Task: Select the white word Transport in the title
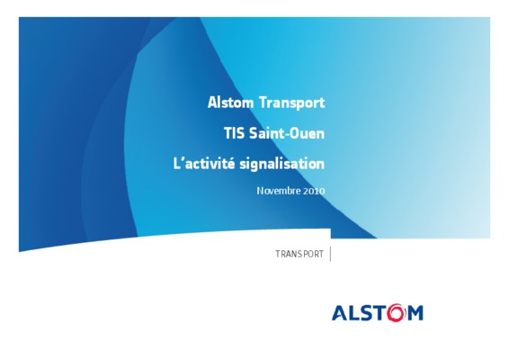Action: (x=292, y=103)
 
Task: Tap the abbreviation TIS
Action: (x=234, y=133)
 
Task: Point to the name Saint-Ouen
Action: (x=287, y=133)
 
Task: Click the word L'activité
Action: (x=204, y=163)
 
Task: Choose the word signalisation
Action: (x=282, y=164)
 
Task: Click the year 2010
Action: (x=314, y=191)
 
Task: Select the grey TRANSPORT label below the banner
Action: (x=299, y=254)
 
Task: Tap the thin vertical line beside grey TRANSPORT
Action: (x=330, y=254)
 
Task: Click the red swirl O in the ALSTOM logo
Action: (x=396, y=313)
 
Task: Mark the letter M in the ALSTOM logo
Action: (x=415, y=313)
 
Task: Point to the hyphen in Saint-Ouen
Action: (x=285, y=134)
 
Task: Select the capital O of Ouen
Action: (x=294, y=133)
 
